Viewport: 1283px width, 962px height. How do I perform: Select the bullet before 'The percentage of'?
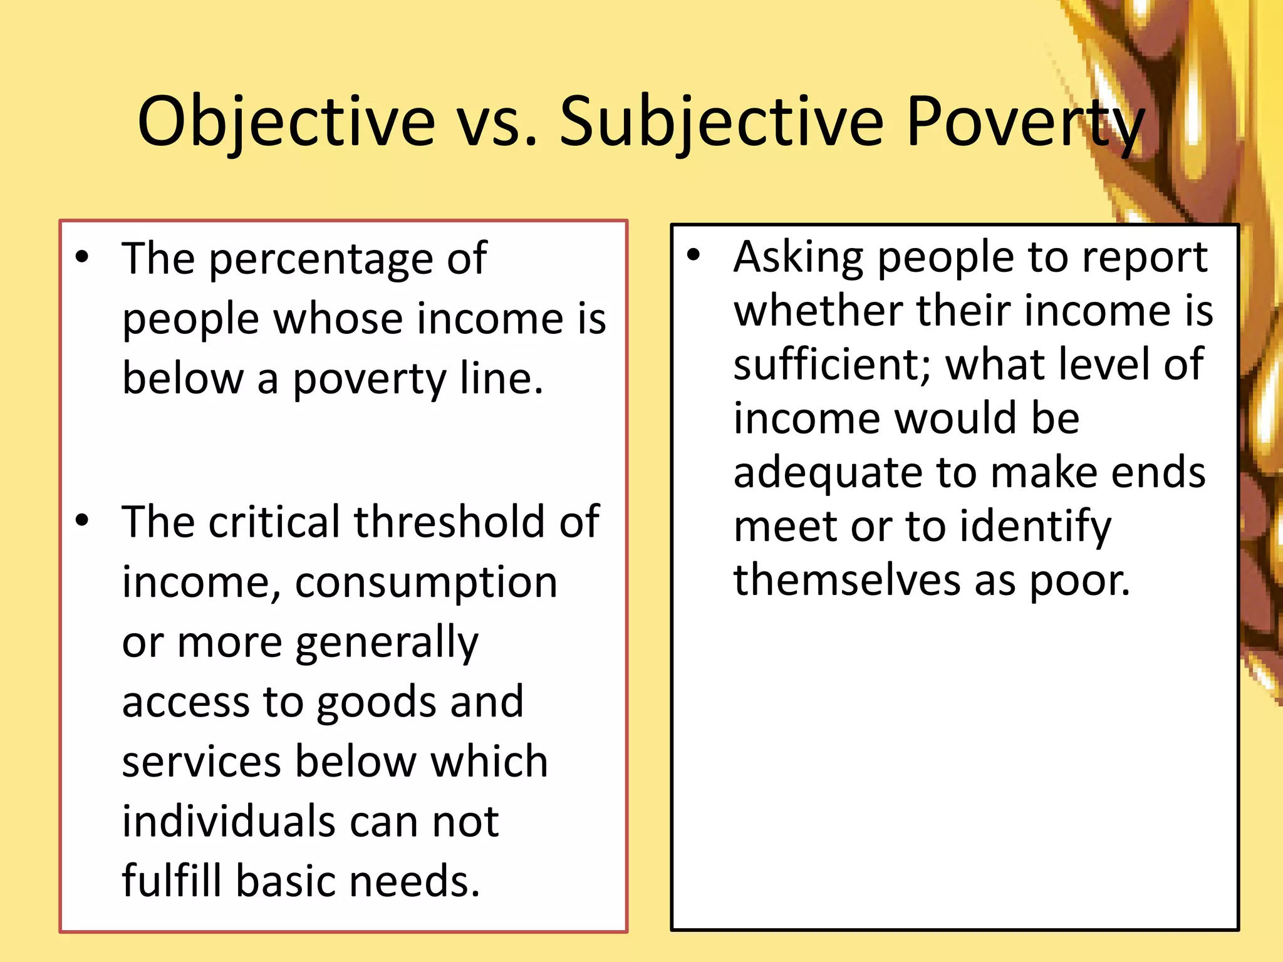[x=82, y=256]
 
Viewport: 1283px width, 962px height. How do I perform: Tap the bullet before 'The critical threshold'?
[x=82, y=520]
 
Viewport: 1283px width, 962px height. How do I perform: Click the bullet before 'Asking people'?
[x=693, y=254]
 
